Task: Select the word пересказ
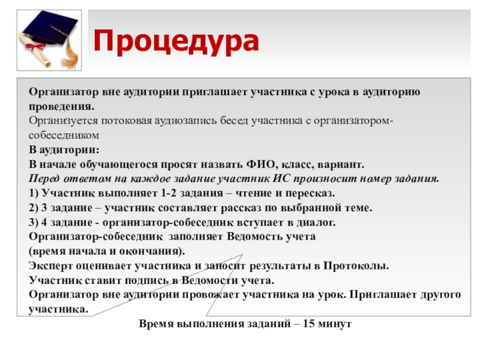pos(312,193)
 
